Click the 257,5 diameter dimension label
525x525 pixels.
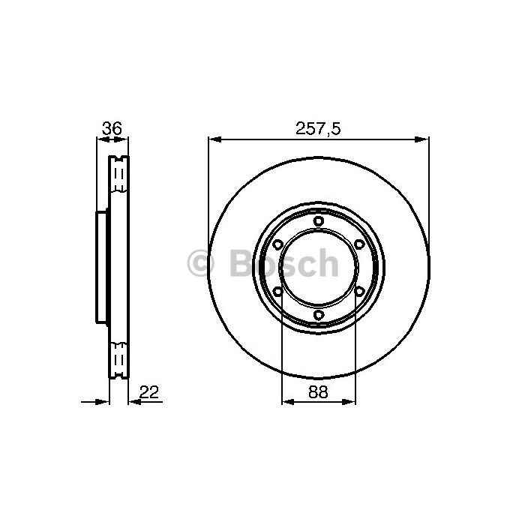[x=318, y=128]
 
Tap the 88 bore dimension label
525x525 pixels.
[x=318, y=391]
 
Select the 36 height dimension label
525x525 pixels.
[x=112, y=128]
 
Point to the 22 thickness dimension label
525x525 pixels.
[x=148, y=391]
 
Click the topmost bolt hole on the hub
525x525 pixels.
[x=319, y=221]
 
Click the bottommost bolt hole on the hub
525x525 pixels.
[x=319, y=315]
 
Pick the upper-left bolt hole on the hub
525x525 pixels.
[x=277, y=244]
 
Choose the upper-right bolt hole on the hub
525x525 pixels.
[x=359, y=244]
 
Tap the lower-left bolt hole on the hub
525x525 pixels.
[x=277, y=291]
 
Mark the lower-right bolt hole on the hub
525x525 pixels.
[x=359, y=291]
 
